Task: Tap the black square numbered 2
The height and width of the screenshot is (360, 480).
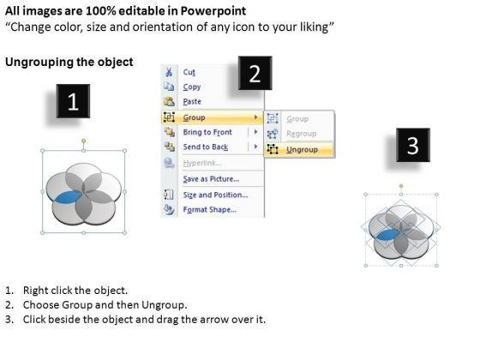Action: (x=254, y=75)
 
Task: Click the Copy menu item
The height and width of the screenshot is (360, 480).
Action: (x=193, y=87)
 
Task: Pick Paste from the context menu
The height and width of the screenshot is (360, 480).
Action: (x=194, y=102)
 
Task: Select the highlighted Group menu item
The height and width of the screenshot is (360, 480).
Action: (x=195, y=117)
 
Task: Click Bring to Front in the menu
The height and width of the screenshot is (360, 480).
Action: (x=207, y=133)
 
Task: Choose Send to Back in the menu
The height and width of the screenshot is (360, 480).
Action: (x=206, y=147)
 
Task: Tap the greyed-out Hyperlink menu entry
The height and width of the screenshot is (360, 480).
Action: (x=203, y=163)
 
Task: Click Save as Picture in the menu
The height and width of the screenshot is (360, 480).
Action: (x=210, y=178)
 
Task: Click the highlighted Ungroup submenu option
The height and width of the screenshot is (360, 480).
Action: (x=302, y=149)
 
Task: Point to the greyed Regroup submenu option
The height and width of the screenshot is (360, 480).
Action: (x=301, y=134)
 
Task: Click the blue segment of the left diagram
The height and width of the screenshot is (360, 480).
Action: (x=64, y=199)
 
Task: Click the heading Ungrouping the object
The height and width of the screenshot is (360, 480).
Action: (x=69, y=62)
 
